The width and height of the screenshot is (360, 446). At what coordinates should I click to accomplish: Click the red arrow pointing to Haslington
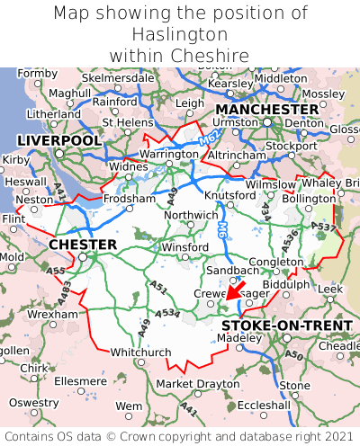[x=236, y=289]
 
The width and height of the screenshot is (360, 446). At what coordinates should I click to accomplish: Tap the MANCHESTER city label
[x=267, y=109]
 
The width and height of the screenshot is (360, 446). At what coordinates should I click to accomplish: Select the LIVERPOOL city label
[x=59, y=141]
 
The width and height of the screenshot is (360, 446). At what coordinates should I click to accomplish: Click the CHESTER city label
[x=83, y=245]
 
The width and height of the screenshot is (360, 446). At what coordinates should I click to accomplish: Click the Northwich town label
[x=190, y=216]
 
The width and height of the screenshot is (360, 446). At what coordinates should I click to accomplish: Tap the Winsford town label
[x=184, y=247]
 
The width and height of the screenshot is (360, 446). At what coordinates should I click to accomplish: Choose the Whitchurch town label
[x=139, y=352]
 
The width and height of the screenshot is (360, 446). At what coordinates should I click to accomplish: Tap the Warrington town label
[x=168, y=155]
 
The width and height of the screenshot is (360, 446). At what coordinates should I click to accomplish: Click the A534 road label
[x=166, y=313]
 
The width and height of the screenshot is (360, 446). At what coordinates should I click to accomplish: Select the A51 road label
[x=158, y=288]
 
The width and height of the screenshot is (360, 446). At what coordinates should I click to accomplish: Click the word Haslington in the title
[x=180, y=35]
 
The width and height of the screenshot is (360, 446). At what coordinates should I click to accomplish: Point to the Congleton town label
[x=275, y=262]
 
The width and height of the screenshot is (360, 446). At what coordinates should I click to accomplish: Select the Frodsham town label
[x=129, y=199]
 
